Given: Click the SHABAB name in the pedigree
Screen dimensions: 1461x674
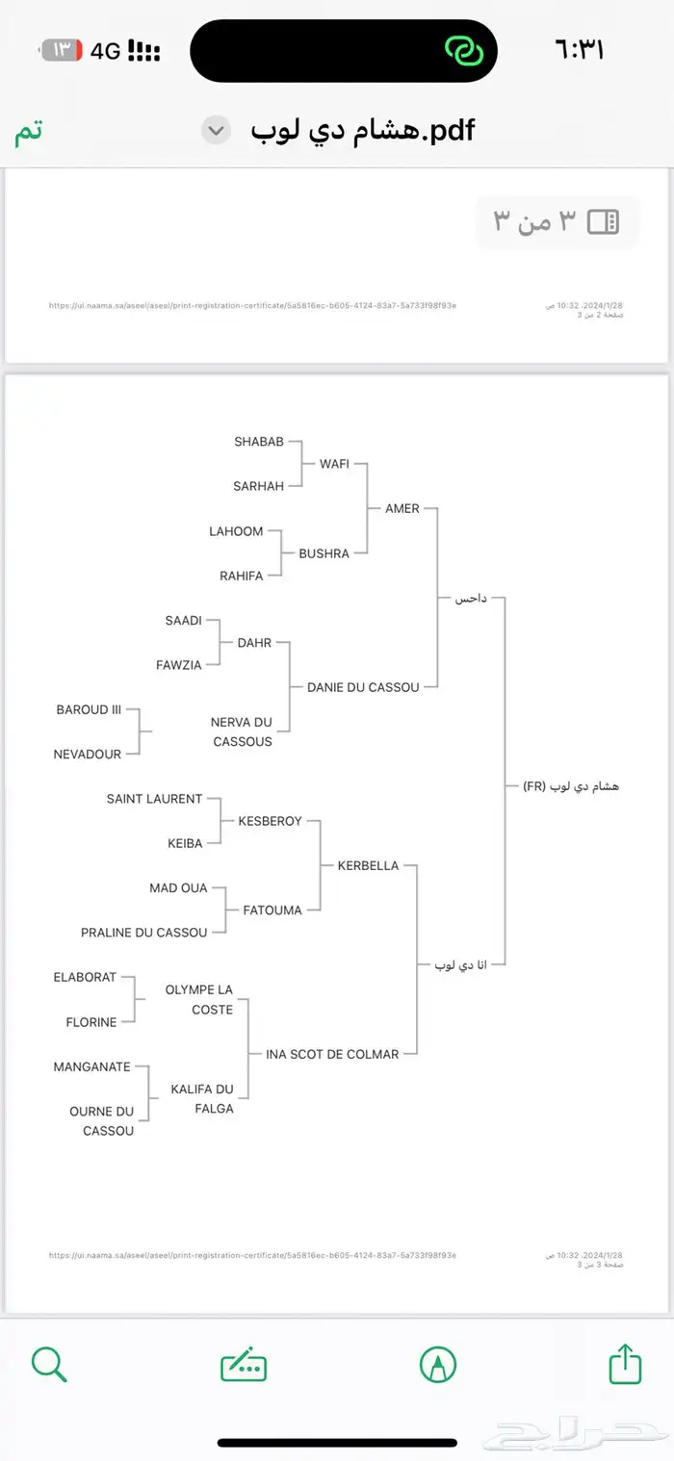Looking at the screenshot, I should click(259, 442).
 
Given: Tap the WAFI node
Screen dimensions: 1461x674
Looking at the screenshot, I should click(334, 464).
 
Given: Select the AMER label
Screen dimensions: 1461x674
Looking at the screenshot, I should click(402, 508).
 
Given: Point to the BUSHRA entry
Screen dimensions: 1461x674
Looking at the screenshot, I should click(324, 553).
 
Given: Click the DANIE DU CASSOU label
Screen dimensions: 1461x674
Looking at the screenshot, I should click(363, 687).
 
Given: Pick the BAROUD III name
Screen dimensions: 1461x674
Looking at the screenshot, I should click(89, 709).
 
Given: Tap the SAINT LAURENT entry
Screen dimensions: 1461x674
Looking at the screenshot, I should click(154, 799).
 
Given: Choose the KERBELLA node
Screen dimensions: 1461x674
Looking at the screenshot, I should click(368, 865).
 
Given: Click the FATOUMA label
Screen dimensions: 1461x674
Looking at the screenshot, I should click(272, 910).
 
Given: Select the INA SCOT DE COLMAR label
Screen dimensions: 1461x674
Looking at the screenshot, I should click(332, 1054).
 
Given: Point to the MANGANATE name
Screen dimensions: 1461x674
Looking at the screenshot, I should click(92, 1066).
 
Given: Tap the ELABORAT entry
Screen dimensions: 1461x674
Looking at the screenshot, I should click(85, 977).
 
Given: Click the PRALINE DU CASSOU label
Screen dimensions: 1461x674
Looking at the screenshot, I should click(143, 932).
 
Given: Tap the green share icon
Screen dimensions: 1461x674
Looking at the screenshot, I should click(626, 1364).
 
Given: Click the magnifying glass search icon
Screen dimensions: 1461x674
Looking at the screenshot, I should click(48, 1364).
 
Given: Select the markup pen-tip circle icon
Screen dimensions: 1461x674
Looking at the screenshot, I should click(438, 1364).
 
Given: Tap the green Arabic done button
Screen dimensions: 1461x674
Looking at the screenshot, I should click(29, 131).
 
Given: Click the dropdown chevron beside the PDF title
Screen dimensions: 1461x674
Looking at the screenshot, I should click(217, 130).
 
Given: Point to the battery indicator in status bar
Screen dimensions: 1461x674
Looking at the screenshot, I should click(62, 50).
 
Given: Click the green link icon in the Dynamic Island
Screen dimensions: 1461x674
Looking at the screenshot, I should click(464, 50).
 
